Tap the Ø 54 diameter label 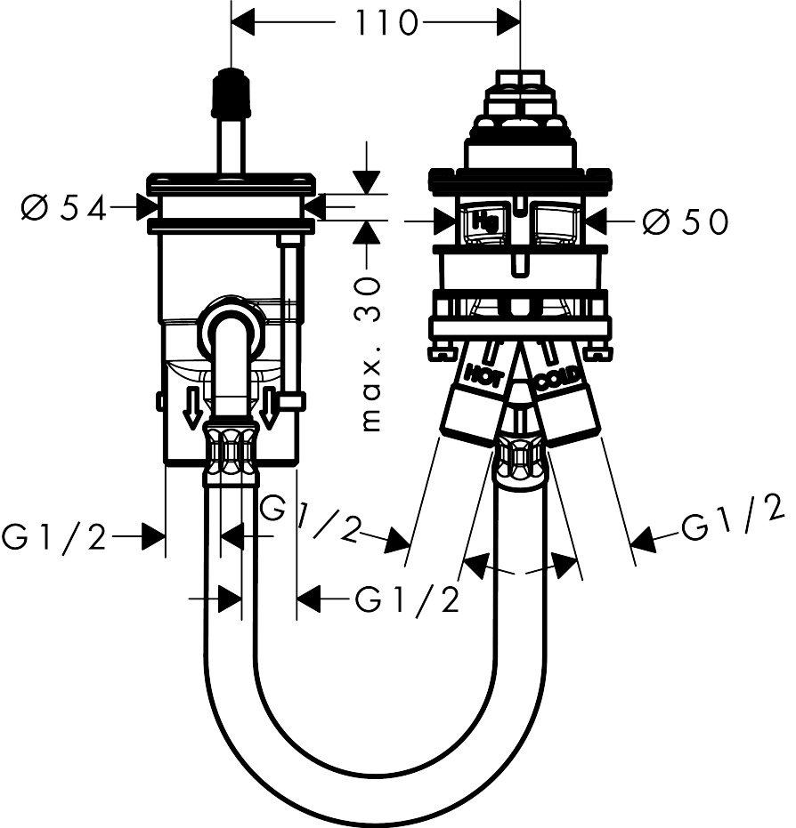tap(62, 209)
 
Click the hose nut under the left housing tap(231, 454)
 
